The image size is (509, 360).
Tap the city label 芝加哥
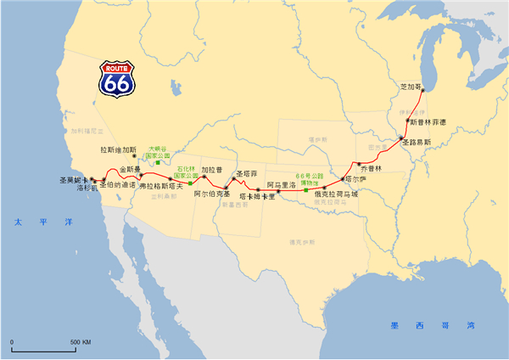410,87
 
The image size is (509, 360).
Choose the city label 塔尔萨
356,180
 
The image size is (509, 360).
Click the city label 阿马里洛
281,184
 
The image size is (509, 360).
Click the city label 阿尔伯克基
212,194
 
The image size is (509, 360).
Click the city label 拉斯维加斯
118,150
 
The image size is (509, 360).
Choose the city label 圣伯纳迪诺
118,184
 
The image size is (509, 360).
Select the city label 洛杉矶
88,188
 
